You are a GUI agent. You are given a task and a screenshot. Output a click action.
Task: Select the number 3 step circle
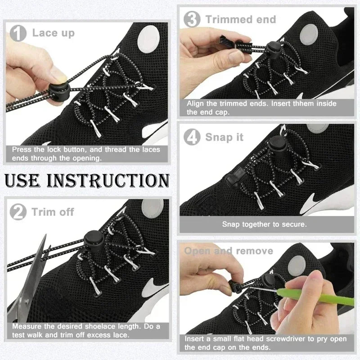tap(193, 19)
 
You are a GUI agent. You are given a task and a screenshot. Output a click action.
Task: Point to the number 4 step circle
tap(193, 137)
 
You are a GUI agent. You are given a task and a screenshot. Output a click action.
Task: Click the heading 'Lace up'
tap(53, 33)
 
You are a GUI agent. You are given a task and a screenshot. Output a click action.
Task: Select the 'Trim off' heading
tap(53, 211)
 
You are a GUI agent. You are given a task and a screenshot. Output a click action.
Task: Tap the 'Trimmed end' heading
tap(241, 19)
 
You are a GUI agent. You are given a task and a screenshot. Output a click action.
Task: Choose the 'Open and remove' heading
tap(229, 251)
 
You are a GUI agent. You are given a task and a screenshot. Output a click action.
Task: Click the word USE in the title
tap(26, 180)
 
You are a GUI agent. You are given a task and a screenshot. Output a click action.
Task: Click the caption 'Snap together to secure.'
tap(264, 224)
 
